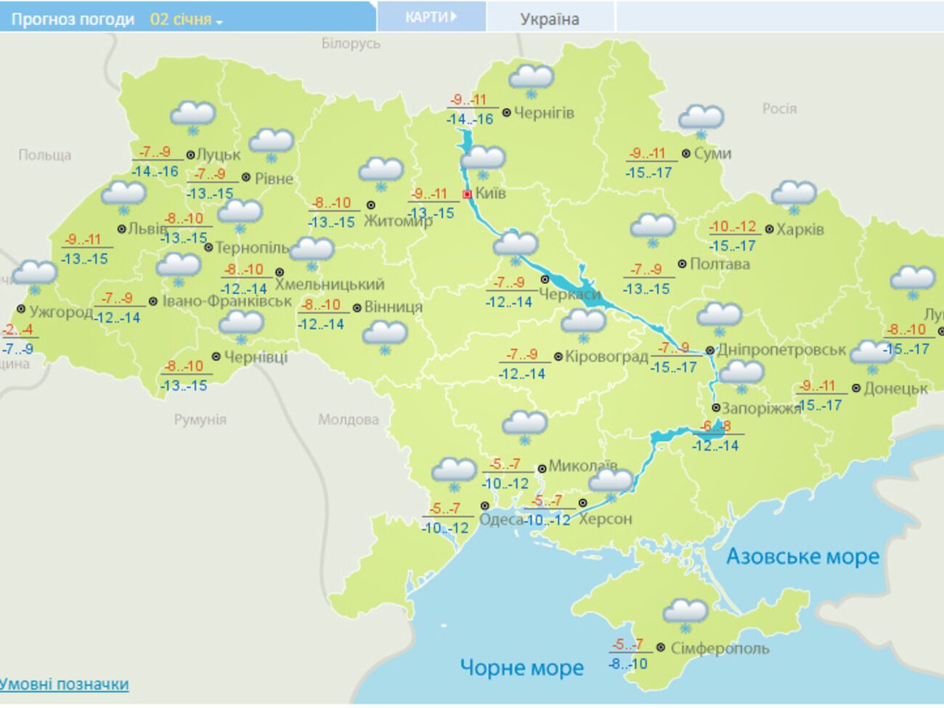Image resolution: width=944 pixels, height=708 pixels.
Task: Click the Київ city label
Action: click(x=491, y=193)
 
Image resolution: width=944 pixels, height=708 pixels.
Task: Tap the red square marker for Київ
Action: click(x=468, y=194)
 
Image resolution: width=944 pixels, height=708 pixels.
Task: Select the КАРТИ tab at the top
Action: click(x=431, y=17)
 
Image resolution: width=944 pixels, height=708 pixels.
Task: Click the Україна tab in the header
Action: click(x=550, y=19)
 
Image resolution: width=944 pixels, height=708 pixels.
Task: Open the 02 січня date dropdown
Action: click(x=186, y=20)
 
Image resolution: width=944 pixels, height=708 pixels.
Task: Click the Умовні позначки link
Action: click(x=64, y=684)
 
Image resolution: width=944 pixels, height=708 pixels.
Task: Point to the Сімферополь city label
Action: click(x=719, y=648)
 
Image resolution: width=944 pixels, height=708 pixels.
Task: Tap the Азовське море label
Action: click(x=802, y=556)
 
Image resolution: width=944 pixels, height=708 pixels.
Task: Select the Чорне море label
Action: click(x=521, y=667)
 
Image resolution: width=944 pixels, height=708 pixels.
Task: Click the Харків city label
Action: click(x=799, y=229)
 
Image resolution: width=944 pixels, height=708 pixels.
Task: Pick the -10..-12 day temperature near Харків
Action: click(x=732, y=227)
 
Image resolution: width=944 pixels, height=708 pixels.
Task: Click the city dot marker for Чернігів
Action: click(x=507, y=113)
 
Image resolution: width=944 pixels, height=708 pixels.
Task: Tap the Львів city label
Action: click(x=147, y=229)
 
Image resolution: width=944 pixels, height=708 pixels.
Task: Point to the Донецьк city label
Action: click(x=895, y=388)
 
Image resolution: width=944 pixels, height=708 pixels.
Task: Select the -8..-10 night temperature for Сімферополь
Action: click(x=628, y=664)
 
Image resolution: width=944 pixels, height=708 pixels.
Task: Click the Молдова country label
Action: click(x=348, y=419)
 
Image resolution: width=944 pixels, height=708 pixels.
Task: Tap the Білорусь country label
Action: click(x=351, y=44)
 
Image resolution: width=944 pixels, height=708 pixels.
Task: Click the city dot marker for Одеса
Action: click(x=485, y=505)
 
